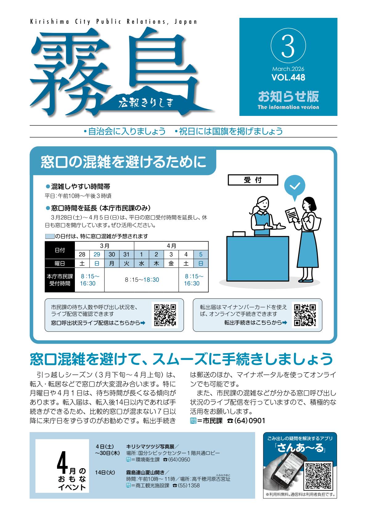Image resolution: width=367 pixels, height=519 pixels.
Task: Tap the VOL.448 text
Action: point(288,77)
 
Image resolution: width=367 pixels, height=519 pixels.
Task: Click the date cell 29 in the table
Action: point(97,255)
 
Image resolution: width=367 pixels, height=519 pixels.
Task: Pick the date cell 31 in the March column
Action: point(127,255)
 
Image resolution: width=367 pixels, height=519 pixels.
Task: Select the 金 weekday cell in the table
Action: point(171,264)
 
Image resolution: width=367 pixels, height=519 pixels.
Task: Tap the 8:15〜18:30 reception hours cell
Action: point(142,280)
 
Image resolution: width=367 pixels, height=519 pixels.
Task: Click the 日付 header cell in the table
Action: point(60,250)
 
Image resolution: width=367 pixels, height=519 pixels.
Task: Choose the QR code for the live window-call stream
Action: point(165,315)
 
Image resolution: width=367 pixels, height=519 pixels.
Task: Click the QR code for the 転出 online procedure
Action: point(305,315)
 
